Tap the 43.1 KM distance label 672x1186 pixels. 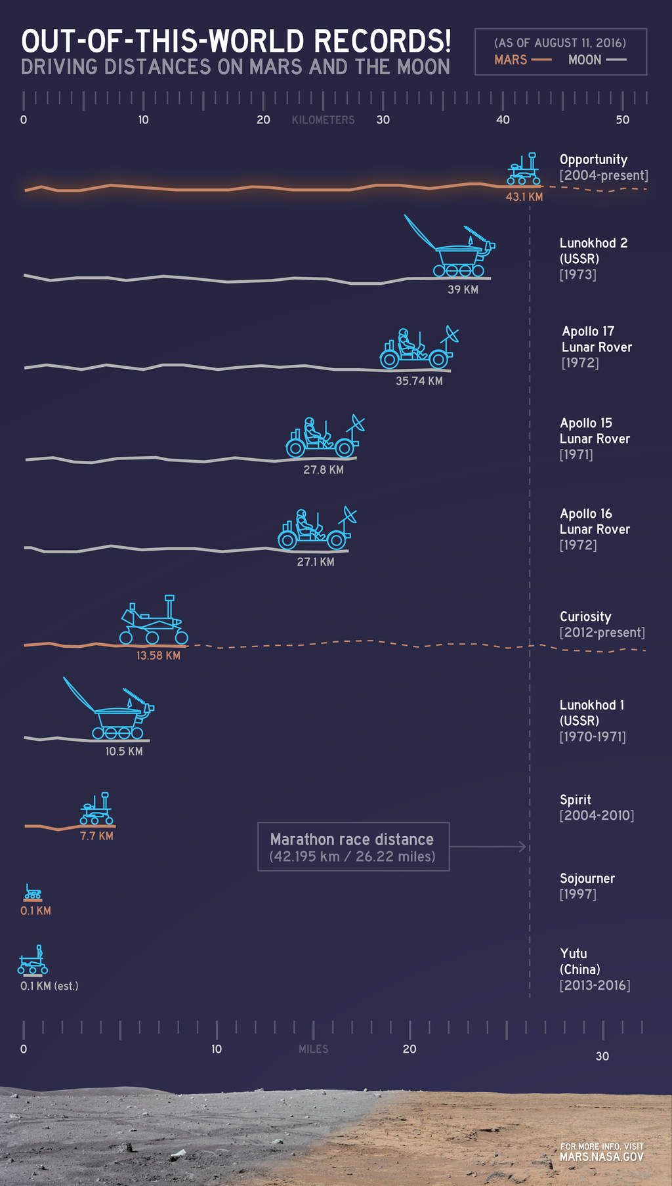[x=524, y=197]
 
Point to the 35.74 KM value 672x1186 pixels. [x=419, y=381]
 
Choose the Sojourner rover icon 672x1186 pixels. [x=33, y=892]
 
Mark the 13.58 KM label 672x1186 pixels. [x=158, y=656]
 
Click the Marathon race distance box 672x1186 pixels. [x=353, y=847]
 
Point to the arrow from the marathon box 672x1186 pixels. [x=489, y=847]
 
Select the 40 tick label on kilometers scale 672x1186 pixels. [x=503, y=119]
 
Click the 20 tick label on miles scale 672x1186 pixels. [x=409, y=1049]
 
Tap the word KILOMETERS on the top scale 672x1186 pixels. [x=323, y=120]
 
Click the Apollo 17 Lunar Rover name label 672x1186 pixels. [x=597, y=339]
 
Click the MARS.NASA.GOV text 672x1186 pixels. [x=601, y=1157]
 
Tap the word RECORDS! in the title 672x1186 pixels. [x=383, y=41]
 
